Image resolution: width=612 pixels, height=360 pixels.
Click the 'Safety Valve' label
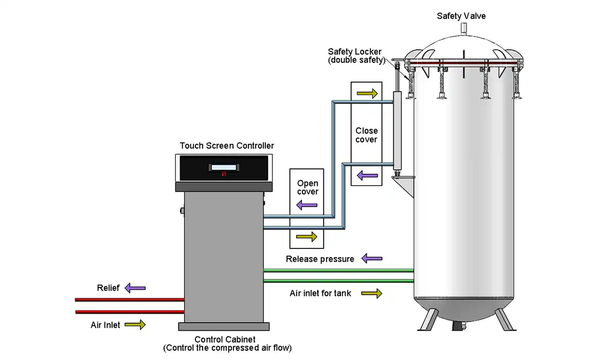(x=461, y=16)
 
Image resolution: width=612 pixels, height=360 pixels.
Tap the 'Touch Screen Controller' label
(x=227, y=146)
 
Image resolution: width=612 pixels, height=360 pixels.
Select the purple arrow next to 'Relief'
(x=135, y=288)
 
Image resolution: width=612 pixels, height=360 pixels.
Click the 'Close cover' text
(x=366, y=135)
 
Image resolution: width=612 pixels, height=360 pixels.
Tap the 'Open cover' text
(x=308, y=188)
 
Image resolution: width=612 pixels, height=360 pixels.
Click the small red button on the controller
(x=224, y=174)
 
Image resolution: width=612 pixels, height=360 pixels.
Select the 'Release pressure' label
(x=320, y=259)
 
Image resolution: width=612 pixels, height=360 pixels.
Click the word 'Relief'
(x=108, y=288)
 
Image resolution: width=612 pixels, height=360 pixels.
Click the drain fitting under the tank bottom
(x=461, y=326)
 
